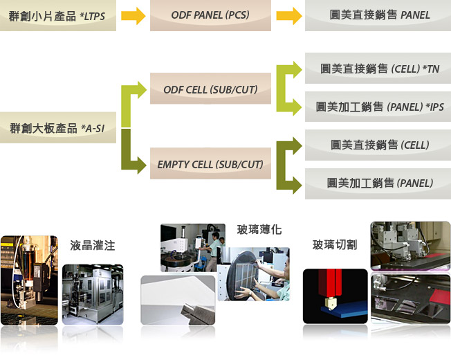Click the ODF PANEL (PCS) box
(x=210, y=15)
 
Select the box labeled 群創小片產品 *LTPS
(x=58, y=15)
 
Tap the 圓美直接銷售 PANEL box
(x=378, y=15)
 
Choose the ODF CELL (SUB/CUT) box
(x=210, y=89)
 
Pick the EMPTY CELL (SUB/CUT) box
(x=210, y=163)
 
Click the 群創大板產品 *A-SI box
(x=58, y=127)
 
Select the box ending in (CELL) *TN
(x=378, y=69)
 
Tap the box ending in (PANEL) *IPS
(x=378, y=107)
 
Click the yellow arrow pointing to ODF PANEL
(x=134, y=16)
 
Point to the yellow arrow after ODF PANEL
(x=288, y=16)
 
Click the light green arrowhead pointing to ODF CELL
(x=142, y=90)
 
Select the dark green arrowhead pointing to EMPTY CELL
(x=142, y=165)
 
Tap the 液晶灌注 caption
(x=92, y=246)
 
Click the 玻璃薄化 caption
(x=259, y=230)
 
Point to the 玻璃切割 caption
(x=335, y=244)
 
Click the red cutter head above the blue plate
(x=330, y=283)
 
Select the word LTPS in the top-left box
(x=94, y=17)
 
